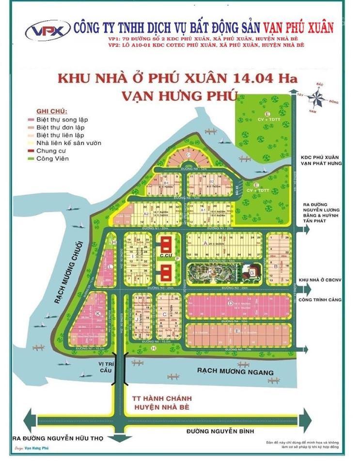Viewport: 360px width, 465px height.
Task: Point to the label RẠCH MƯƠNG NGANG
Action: (x=235, y=372)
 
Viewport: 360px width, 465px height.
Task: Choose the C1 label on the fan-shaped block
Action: (x=187, y=155)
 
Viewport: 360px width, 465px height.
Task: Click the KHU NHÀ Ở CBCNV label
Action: (x=320, y=280)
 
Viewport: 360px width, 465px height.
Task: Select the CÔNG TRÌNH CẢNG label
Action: (x=320, y=300)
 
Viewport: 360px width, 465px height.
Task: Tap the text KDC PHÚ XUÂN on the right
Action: (x=320, y=157)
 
